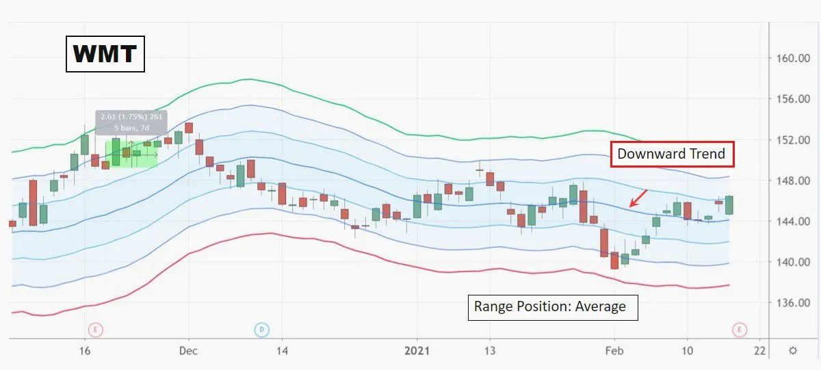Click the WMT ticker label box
[x=105, y=53]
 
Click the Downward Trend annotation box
[x=671, y=154]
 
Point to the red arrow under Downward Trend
[x=638, y=198]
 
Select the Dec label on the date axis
[x=189, y=350]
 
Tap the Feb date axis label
[x=614, y=350]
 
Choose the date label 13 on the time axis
[x=489, y=350]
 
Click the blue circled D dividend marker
[x=261, y=330]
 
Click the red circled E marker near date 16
[x=96, y=330]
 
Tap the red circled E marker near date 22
[x=740, y=330]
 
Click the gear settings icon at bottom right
[x=792, y=350]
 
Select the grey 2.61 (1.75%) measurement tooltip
[x=131, y=121]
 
